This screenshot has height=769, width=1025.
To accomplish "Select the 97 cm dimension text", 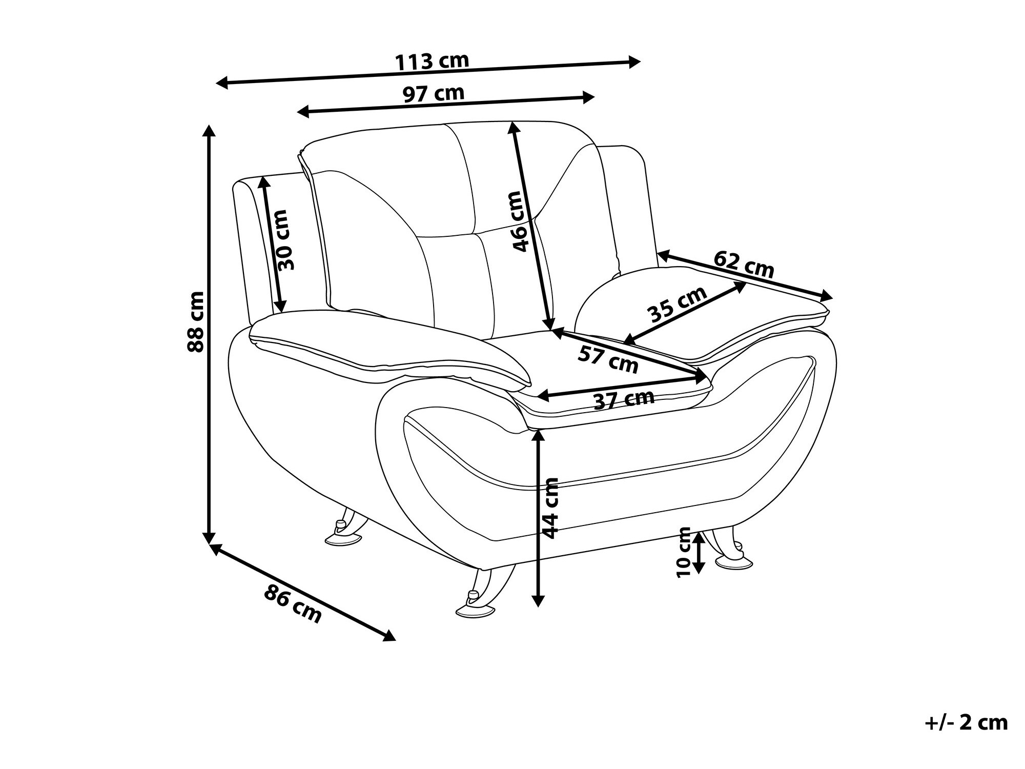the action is [434, 94].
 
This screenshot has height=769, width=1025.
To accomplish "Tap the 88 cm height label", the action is [196, 321].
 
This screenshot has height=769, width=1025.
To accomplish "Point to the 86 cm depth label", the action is [293, 605].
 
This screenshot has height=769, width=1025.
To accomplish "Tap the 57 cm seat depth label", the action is [608, 359].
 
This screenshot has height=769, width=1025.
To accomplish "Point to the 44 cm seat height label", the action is [549, 508].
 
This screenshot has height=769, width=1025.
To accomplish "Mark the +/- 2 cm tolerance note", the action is [967, 722].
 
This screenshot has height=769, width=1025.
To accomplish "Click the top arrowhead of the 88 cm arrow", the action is [209, 130].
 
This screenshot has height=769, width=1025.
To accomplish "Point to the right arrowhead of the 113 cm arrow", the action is [634, 62].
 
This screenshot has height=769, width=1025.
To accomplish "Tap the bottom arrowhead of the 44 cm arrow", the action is [538, 600].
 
